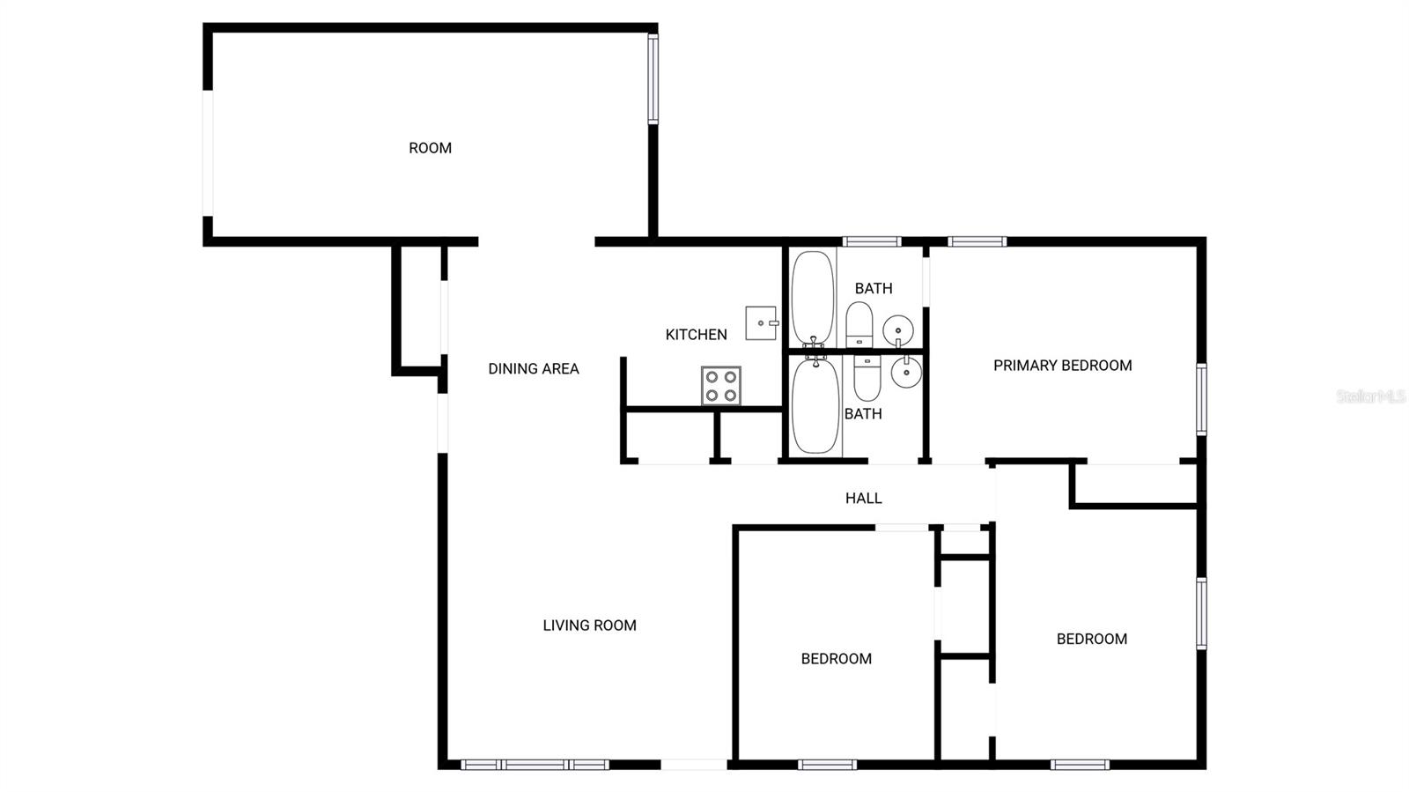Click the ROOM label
pos(430,148)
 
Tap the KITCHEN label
pos(696,335)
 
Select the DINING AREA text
pos(534,369)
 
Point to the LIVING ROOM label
pos(589,625)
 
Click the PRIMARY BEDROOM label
pos(1062,366)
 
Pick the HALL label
pos(863,499)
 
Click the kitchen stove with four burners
pos(720,386)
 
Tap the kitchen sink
pos(761,322)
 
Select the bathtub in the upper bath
pos(812,297)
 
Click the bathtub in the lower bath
pos(815,405)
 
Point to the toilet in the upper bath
pos(859,324)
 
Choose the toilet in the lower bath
pos(867,376)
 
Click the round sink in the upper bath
pos(898,330)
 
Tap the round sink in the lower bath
pos(905,373)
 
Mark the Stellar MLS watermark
pos(1370,396)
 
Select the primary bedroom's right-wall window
pos(1200,399)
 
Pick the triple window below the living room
pos(535,765)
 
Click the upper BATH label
pos(873,288)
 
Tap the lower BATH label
pos(862,414)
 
